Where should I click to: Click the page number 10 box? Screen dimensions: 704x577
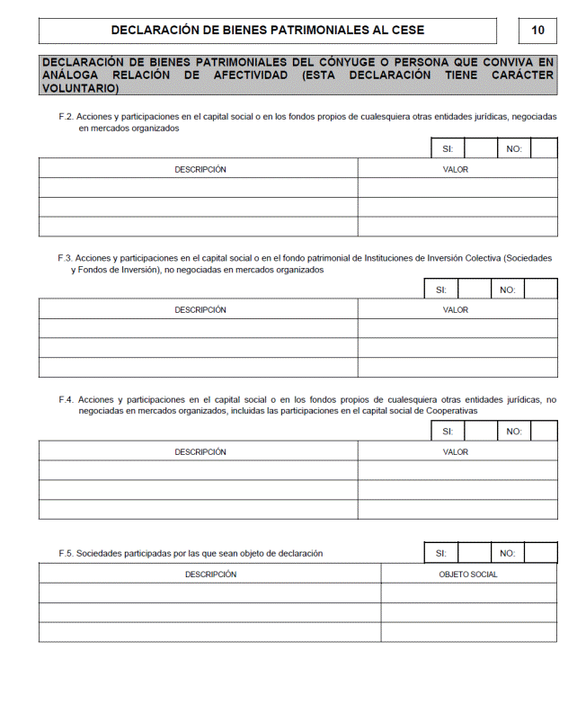point(537,31)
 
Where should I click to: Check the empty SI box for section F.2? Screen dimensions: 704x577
point(481,148)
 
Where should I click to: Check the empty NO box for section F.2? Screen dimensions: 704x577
point(543,148)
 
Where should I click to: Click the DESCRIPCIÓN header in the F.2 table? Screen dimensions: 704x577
point(200,169)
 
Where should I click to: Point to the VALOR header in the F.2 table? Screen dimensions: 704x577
point(456,169)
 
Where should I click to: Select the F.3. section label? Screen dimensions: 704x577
point(65,257)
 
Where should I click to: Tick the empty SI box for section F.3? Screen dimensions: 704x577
point(474,290)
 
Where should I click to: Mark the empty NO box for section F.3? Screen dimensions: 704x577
point(540,290)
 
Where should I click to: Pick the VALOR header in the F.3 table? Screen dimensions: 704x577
point(456,310)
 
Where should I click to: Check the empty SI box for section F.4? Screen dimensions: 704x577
point(481,432)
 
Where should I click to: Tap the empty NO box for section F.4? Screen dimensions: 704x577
point(543,432)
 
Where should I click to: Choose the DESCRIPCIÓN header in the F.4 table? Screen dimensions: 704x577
point(200,452)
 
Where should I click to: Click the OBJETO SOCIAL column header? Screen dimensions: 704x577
point(467,574)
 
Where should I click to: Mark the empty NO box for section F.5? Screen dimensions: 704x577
point(540,553)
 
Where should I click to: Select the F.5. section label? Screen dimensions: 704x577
point(66,554)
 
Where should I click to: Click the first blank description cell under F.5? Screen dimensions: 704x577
point(209,593)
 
